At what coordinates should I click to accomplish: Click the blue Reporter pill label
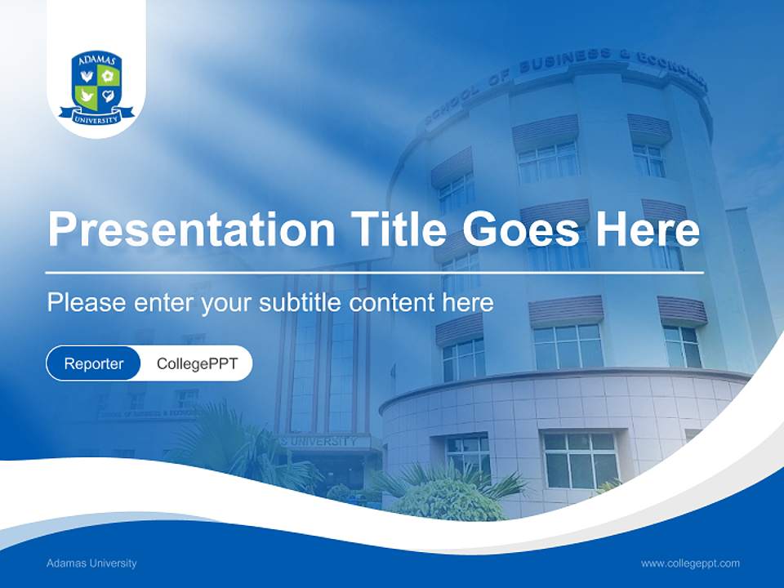pos(94,363)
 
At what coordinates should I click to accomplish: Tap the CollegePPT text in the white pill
pos(197,363)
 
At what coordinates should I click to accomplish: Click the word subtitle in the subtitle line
pos(301,303)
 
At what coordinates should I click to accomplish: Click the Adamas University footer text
pos(91,563)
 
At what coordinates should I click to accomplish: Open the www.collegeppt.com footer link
pos(690,563)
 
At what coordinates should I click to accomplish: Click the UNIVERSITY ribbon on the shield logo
pos(96,119)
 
